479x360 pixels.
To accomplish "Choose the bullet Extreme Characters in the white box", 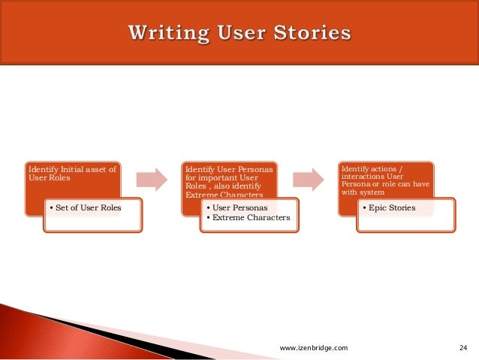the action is coord(248,218).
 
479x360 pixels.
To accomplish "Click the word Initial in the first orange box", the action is coord(69,170).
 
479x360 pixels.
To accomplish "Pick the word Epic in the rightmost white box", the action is coord(377,207).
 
